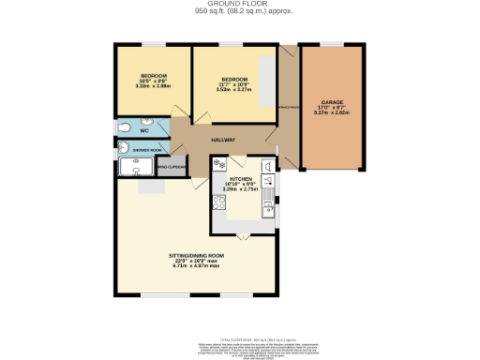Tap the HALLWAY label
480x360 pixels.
(222, 140)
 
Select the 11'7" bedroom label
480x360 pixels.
(234, 79)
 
